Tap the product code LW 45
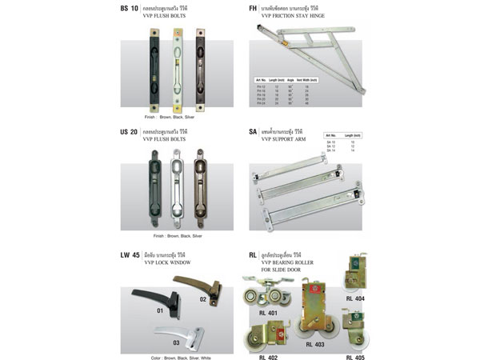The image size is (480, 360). (x=130, y=255)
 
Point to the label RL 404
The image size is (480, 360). (x=355, y=298)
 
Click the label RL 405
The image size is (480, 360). (x=355, y=357)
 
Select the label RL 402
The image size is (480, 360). (x=269, y=357)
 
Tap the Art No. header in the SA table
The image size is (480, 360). (x=330, y=136)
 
